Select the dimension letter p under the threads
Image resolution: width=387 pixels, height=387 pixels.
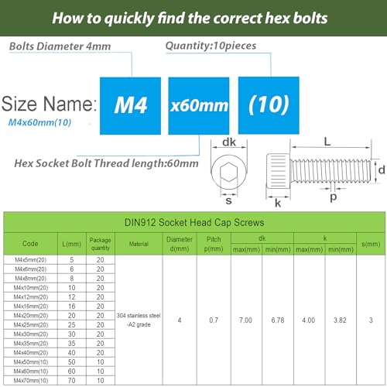coord(334,197)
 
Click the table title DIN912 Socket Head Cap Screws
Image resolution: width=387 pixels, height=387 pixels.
coord(193,221)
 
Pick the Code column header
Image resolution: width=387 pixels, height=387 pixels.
coord(29,242)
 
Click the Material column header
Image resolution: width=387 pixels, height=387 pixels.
coord(139,242)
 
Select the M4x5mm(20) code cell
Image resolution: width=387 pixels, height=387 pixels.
coord(29,261)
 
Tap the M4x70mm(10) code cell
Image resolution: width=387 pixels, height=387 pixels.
coord(29,381)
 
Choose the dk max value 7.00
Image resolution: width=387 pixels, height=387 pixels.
coord(246,320)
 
